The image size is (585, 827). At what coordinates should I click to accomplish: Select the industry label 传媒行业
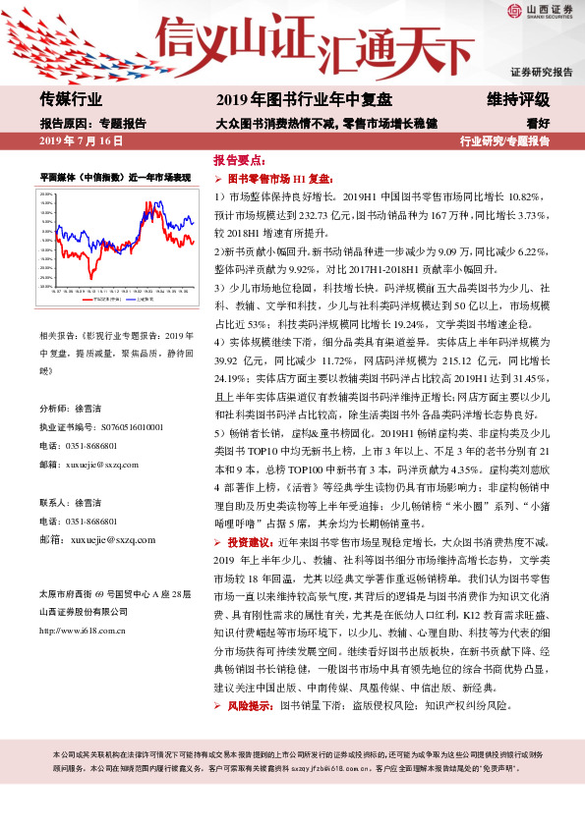71,100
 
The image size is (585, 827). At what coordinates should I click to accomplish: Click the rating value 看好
538,124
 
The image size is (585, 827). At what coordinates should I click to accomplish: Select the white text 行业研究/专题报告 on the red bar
505,142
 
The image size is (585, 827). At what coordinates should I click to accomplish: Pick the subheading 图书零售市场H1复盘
281,180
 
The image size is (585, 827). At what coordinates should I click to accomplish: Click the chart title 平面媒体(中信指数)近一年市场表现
114,178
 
